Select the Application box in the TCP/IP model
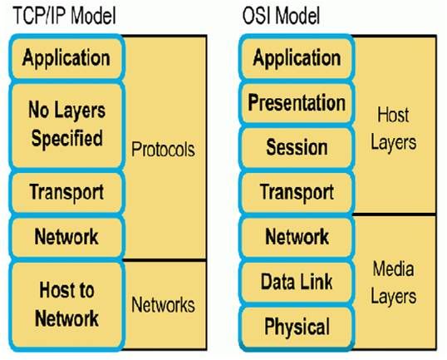pos(66,58)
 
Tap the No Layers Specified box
pos(66,123)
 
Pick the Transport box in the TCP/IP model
pos(66,192)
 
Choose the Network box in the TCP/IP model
pos(66,236)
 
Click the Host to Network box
pos(66,303)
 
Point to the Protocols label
pos(163,150)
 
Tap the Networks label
pos(163,304)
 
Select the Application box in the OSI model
pos(296,58)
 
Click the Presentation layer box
pos(296,103)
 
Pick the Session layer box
pos(296,148)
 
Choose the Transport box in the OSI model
pos(296,192)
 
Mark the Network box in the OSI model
pos(296,236)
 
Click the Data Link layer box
pos(296,282)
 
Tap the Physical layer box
pos(296,327)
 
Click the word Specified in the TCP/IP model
pos(66,138)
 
